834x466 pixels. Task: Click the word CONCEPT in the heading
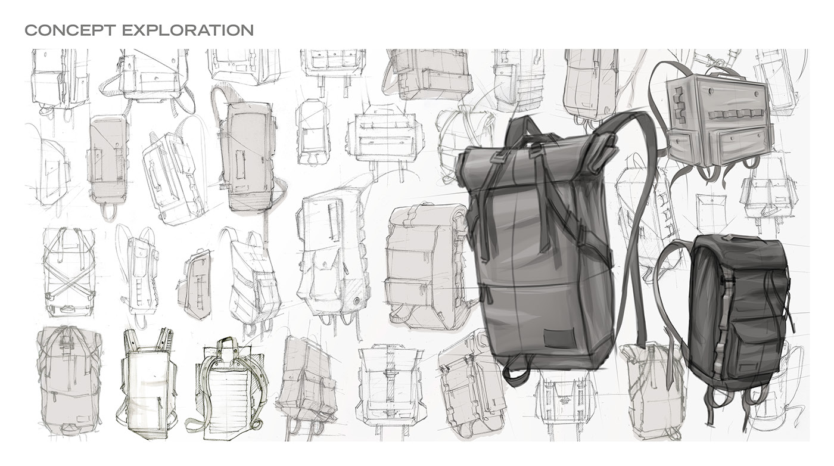(x=69, y=30)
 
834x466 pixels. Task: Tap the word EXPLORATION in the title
(x=188, y=30)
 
